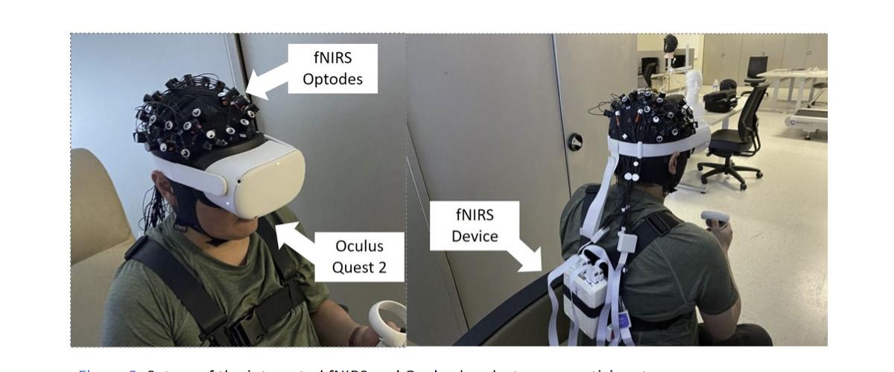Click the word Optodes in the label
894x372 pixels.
click(332, 79)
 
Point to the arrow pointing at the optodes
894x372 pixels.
click(267, 81)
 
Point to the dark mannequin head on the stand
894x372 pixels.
click(670, 44)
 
